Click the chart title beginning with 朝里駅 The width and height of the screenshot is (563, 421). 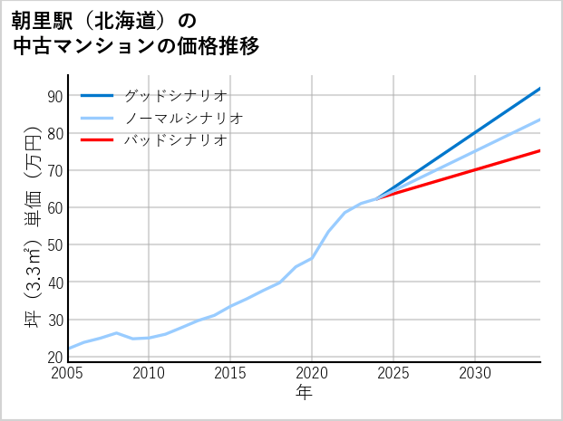tap(136, 33)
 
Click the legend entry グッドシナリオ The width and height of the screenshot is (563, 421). tap(175, 95)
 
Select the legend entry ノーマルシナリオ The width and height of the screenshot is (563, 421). tap(183, 118)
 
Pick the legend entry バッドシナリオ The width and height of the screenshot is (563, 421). tap(175, 140)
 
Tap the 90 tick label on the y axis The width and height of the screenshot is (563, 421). tap(54, 96)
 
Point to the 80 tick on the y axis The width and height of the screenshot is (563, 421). tap(54, 133)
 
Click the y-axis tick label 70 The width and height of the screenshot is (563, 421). tap(54, 170)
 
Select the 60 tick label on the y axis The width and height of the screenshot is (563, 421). tap(54, 207)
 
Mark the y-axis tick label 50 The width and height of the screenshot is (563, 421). tap(54, 244)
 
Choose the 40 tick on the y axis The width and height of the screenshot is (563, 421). tap(54, 282)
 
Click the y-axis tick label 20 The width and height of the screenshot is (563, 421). tap(54, 357)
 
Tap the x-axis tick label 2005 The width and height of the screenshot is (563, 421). tap(68, 373)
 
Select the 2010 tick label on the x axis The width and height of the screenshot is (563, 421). tap(149, 373)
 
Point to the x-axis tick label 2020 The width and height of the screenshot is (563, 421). tap(312, 373)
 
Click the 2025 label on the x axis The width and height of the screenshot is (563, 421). tap(393, 373)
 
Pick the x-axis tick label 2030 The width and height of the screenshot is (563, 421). tap(475, 373)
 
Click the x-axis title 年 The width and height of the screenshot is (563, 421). tap(305, 393)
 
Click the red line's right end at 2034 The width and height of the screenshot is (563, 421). tap(540, 150)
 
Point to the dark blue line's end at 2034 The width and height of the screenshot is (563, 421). tap(540, 89)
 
